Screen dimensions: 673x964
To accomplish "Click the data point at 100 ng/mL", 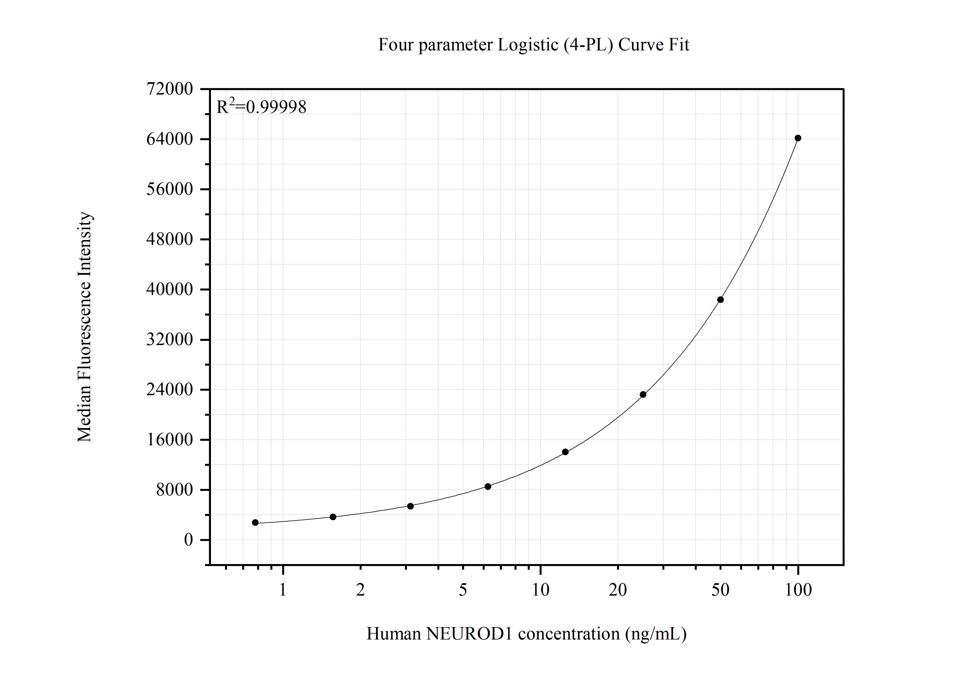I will click(x=798, y=138).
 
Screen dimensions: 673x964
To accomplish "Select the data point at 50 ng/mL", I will click(x=720, y=299).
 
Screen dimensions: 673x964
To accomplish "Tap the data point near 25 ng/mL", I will click(x=643, y=394).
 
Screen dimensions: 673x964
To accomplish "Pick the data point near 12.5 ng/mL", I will click(x=565, y=452).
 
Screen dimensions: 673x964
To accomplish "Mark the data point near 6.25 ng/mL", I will click(x=488, y=486).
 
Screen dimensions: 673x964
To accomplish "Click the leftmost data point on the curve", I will click(x=255, y=522).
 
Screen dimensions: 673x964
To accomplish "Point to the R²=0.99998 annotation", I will click(x=261, y=107).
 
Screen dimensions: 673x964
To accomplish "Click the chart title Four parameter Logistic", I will click(x=533, y=45).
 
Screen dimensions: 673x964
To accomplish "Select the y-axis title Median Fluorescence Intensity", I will click(x=84, y=327).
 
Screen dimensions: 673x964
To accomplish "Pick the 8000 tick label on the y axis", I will click(x=175, y=490).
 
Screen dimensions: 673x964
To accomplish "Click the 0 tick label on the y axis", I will click(x=188, y=540).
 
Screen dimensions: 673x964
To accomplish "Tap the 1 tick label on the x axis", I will click(x=283, y=590).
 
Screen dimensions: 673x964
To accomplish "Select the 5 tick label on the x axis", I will click(x=463, y=590).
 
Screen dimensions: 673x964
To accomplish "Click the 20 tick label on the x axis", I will click(x=618, y=590).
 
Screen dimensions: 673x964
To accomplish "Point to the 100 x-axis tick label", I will click(x=798, y=590).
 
